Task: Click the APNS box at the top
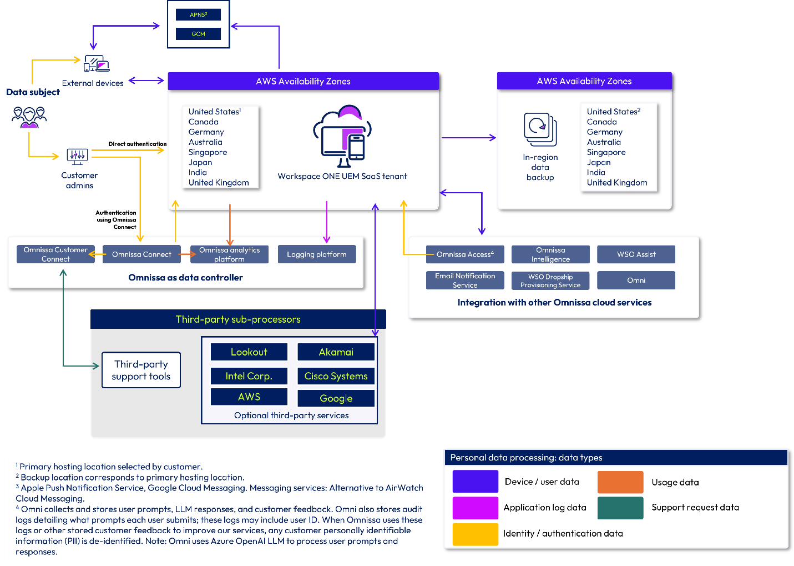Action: pos(198,15)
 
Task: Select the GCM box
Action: pos(198,34)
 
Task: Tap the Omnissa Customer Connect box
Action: pos(55,254)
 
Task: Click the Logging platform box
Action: pos(316,254)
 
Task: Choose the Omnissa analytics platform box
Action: pos(229,254)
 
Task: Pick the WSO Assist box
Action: pos(636,254)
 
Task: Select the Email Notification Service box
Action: pos(465,281)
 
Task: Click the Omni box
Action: pos(636,281)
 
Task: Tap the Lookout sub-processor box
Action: pos(249,352)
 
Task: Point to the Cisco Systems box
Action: pos(336,376)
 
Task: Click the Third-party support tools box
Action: pos(141,370)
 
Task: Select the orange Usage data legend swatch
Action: pos(620,482)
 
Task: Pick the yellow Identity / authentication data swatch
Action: pos(475,534)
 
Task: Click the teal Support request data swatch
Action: pos(620,508)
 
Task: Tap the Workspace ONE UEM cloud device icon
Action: pos(342,137)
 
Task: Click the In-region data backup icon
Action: pos(540,129)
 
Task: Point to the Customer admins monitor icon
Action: pos(77,156)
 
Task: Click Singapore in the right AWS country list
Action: pos(606,152)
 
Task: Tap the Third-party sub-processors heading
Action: pos(238,319)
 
